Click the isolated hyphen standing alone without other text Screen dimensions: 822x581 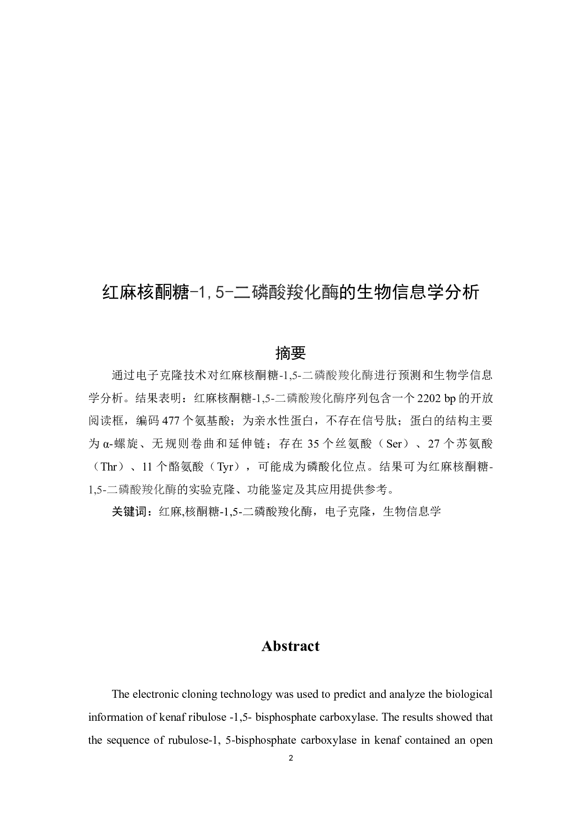[491, 468]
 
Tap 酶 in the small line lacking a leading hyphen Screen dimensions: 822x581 [171, 490]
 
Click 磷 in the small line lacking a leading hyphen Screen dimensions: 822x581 [124, 490]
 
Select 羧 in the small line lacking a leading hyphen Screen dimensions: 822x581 [148, 490]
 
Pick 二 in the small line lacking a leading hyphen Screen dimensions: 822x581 [112, 490]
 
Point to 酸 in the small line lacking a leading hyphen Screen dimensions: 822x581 [136, 490]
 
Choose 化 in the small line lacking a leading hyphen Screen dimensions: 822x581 [159, 490]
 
